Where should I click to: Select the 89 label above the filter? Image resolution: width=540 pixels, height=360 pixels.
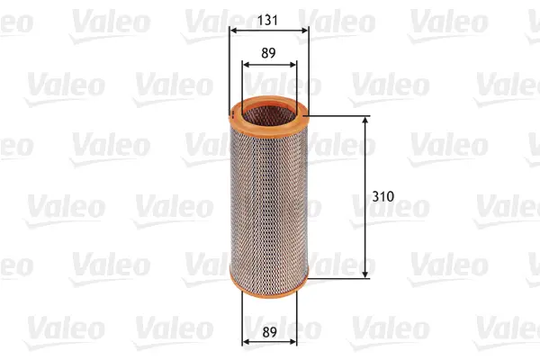pos(269,52)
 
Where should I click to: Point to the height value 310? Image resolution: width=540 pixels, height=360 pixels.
pos(383,195)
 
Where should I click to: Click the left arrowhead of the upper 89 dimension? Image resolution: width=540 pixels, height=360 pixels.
pos(247,65)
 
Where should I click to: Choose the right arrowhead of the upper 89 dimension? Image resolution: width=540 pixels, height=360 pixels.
pos(292,65)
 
